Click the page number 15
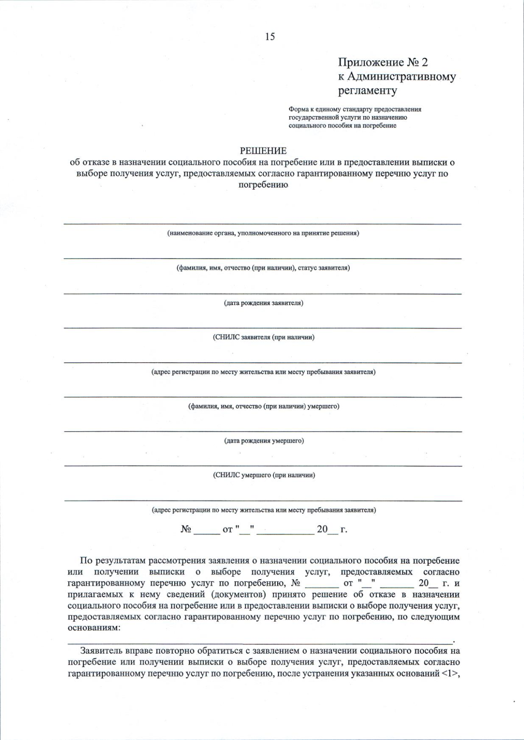pos(270,37)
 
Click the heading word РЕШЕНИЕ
pos(263,151)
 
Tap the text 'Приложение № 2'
pos(383,62)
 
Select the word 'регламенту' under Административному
pos(368,91)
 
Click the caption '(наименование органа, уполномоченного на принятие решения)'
pos(263,233)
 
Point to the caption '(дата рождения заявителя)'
pos(263,303)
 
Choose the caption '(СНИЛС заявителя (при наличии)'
pos(263,337)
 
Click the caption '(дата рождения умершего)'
pos(264,441)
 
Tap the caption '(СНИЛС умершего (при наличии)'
pos(264,475)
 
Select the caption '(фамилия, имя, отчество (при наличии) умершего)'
pos(263,406)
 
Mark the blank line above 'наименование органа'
pos(262,224)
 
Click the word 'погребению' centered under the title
pos(263,185)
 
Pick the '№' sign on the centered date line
pos(186,529)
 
